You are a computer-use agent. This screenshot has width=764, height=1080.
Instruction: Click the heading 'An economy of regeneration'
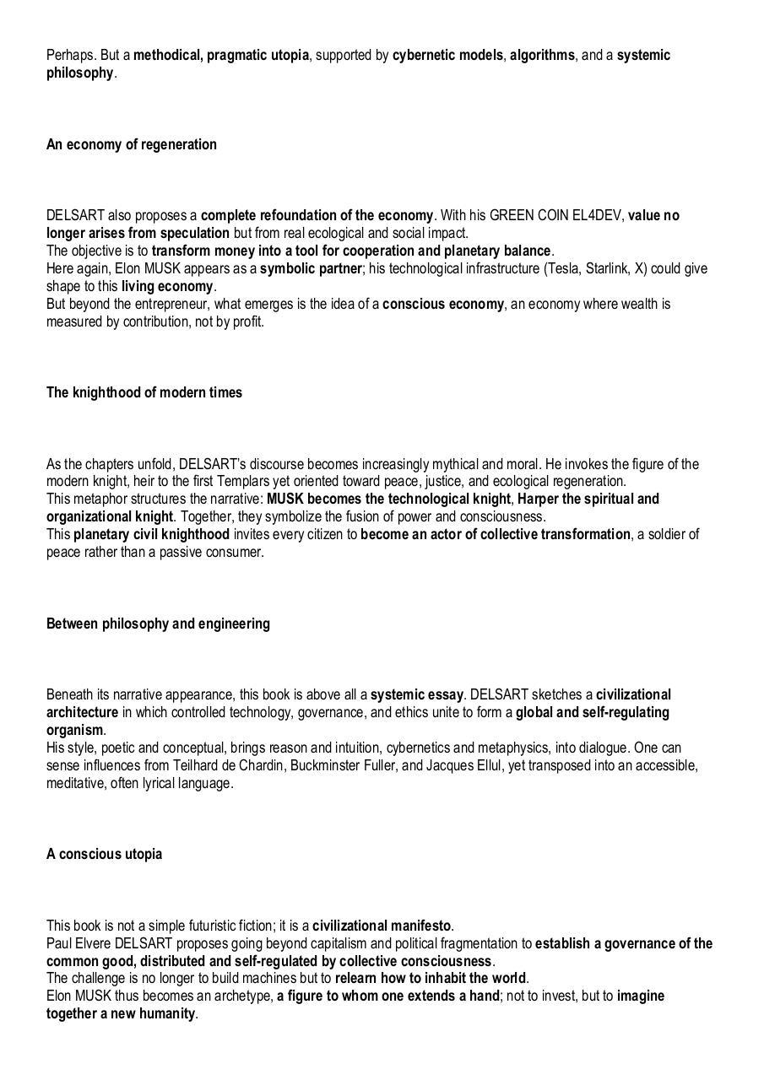131,144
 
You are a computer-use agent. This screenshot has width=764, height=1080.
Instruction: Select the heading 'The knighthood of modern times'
144,392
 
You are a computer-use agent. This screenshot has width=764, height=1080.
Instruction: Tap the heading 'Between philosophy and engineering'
158,624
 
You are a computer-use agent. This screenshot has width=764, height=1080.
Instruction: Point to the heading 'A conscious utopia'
104,854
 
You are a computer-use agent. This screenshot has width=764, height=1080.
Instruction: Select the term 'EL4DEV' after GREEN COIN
597,215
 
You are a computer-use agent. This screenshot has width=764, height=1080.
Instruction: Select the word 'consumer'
236,552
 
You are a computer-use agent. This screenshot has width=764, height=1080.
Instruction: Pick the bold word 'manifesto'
420,926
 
